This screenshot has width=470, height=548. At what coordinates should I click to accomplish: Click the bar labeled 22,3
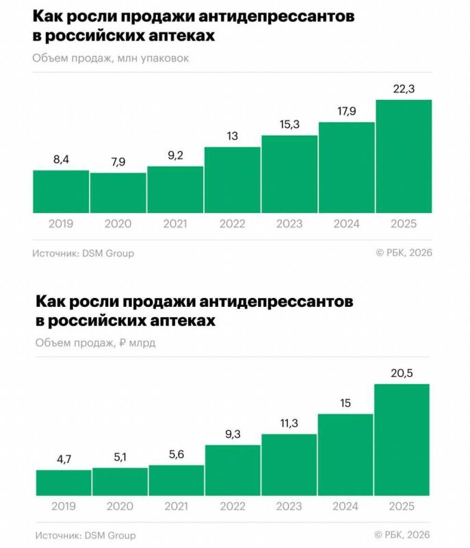404,156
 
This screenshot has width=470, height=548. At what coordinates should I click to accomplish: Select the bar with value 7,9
118,192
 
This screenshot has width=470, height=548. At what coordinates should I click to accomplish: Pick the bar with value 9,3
233,471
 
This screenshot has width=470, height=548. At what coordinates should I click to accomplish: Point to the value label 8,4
61,160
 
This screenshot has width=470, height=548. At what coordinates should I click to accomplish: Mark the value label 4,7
64,459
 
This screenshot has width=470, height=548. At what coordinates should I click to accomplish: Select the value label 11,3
289,423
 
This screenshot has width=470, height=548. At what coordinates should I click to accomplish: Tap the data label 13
232,136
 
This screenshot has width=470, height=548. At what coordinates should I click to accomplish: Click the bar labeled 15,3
289,174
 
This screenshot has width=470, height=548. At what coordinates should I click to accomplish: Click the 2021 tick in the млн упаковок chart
175,224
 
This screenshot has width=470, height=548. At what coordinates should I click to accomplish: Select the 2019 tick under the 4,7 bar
64,508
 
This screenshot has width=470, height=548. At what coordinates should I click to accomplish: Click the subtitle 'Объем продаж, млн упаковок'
110,58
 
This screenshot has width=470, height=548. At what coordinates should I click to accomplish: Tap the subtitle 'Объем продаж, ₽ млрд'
94,342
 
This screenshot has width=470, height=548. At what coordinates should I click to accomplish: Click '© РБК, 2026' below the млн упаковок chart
404,253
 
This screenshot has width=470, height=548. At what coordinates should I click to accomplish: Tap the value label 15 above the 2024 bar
345,403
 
